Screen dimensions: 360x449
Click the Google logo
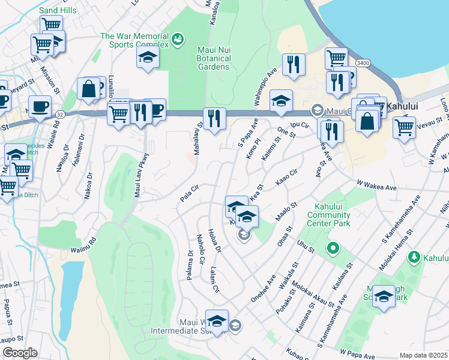20,353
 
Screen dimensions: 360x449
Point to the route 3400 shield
362,62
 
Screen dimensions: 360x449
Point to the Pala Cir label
189,193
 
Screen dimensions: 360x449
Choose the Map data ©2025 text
423,355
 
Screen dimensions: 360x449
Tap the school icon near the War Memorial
148,58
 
